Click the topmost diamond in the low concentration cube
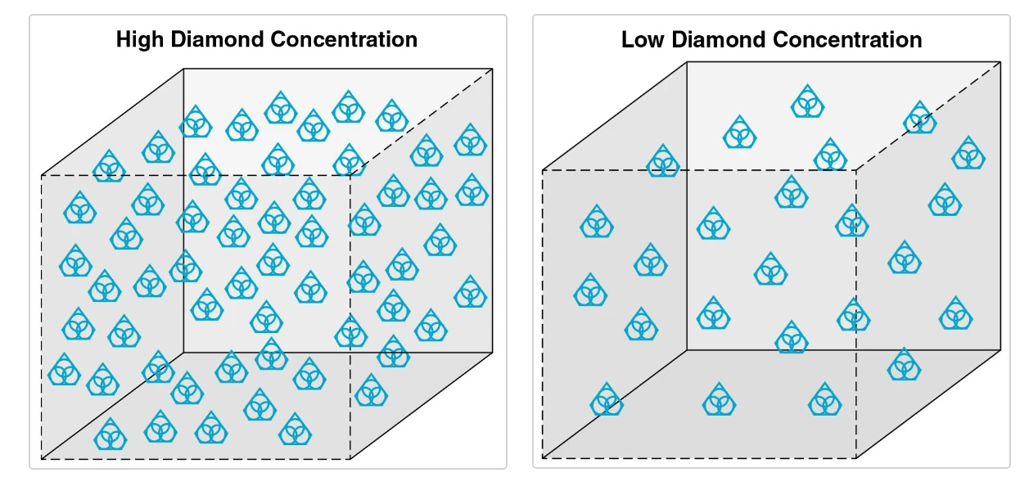tap(807, 102)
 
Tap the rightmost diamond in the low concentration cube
tap(968, 154)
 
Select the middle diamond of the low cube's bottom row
tap(719, 400)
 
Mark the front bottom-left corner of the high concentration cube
tap(42, 459)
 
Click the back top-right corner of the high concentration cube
tap(493, 69)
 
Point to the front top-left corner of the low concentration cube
tap(543, 170)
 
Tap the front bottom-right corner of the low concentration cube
tap(856, 458)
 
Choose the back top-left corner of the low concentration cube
tap(687, 61)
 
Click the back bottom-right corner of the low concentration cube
tap(1000, 350)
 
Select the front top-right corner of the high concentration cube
tap(350, 174)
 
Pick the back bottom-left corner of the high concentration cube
tap(183, 353)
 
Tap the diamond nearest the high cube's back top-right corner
tap(470, 141)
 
